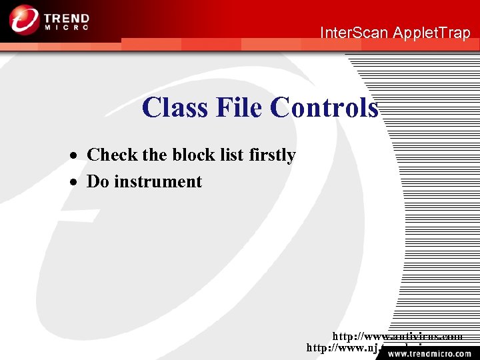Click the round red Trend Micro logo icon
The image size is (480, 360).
point(24,19)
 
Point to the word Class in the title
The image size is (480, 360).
point(175,107)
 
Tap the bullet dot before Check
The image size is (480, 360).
point(77,156)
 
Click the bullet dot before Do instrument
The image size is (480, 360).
point(77,183)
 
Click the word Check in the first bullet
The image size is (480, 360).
point(112,155)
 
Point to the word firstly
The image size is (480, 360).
point(272,155)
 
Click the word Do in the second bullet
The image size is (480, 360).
point(98,181)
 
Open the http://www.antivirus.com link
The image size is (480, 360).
point(397,337)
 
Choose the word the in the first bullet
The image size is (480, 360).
point(155,155)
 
